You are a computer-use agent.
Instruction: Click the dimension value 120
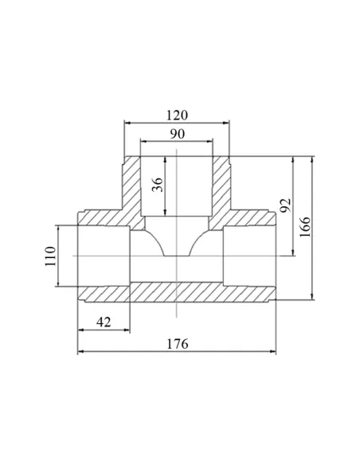pyautogui.click(x=177, y=115)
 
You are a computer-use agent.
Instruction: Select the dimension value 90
pyautogui.click(x=177, y=134)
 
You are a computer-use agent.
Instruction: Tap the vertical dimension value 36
pyautogui.click(x=158, y=185)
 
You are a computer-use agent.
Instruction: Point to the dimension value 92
pyautogui.click(x=286, y=205)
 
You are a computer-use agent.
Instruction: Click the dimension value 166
pyautogui.click(x=304, y=227)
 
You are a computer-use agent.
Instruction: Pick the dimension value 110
pyautogui.click(x=50, y=256)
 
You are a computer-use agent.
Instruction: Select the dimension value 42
pyautogui.click(x=104, y=322)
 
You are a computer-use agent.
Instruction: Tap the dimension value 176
pyautogui.click(x=178, y=344)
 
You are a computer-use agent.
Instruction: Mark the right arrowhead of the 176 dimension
pyautogui.click(x=272, y=351)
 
